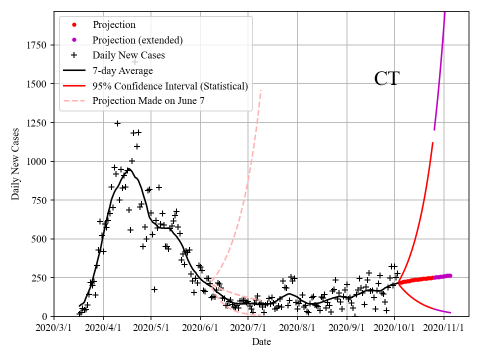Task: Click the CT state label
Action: click(x=386, y=79)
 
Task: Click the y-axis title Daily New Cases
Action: click(x=15, y=164)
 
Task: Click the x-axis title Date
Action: click(x=261, y=342)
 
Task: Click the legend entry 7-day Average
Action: click(x=122, y=70)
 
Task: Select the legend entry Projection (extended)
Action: click(x=137, y=39)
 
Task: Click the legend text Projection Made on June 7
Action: click(x=148, y=101)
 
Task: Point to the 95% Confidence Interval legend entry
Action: click(x=170, y=86)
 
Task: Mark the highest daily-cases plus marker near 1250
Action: click(x=117, y=123)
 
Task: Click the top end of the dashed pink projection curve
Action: click(x=261, y=90)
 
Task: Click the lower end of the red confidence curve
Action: click(x=450, y=312)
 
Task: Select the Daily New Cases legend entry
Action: click(x=128, y=55)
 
